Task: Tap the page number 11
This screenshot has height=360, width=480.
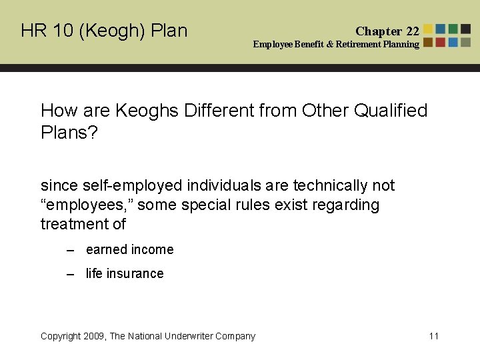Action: [x=434, y=336]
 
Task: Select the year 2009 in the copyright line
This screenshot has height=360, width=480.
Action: [x=94, y=336]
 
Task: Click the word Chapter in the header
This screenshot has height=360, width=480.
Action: [x=379, y=31]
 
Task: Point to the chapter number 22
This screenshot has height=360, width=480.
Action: [x=413, y=31]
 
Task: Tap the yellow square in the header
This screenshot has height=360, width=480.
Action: [x=428, y=29]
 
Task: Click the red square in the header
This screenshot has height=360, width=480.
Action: [x=441, y=42]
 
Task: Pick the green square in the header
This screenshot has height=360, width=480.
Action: [x=453, y=29]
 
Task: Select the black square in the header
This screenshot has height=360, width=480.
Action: [x=466, y=29]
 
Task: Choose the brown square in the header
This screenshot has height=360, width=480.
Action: [x=428, y=42]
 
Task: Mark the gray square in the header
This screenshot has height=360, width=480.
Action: [x=466, y=42]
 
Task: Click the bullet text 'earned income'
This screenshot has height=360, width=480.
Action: [x=129, y=250]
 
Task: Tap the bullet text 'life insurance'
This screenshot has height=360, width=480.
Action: [x=125, y=274]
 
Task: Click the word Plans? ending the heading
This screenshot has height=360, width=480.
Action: [x=69, y=132]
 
